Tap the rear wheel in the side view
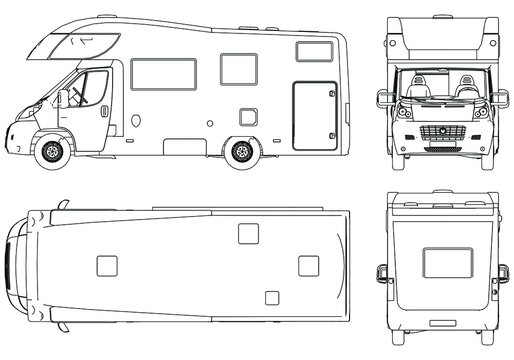pos(240,153)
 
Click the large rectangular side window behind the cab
pos(163,74)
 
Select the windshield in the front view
pos(438,87)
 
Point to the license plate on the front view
pos(438,152)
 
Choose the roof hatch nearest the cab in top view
pos(106,265)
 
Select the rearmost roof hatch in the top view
pos(309,265)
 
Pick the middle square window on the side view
pos(238,68)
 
